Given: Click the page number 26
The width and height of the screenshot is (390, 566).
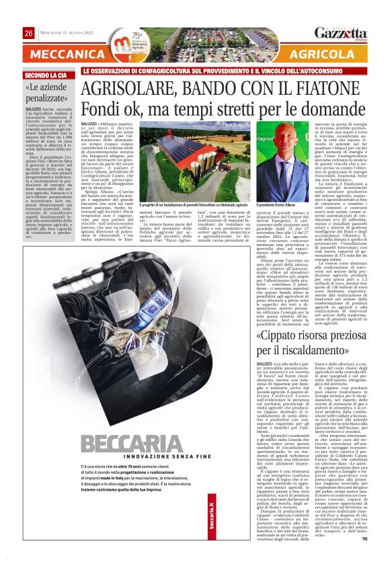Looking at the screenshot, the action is tap(29, 33).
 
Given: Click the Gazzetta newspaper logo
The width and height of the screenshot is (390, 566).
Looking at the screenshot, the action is tap(341, 33).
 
